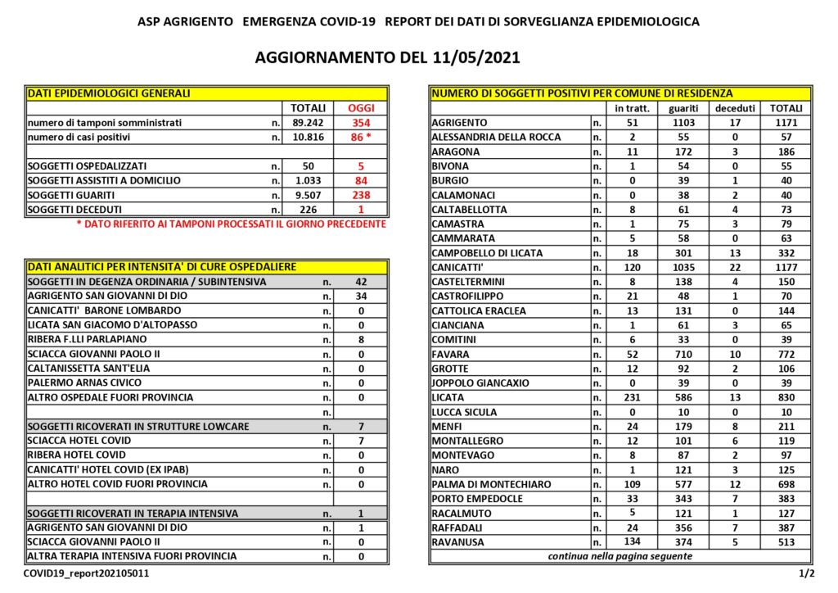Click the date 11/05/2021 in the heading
(x=474, y=58)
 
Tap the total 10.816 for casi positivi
(x=309, y=138)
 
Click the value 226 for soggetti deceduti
(x=309, y=210)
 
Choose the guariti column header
(x=683, y=108)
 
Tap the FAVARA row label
(x=453, y=355)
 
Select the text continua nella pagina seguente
(x=620, y=557)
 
